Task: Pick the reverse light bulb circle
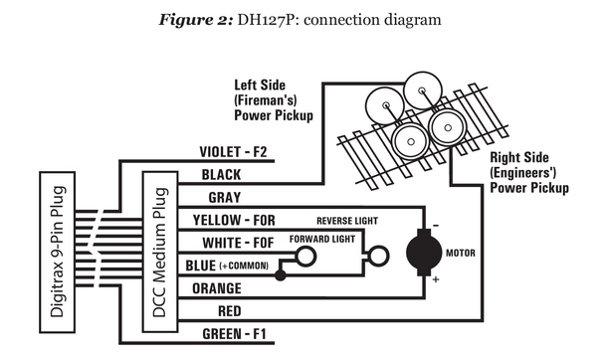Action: coord(377,258)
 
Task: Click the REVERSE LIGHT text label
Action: coord(350,219)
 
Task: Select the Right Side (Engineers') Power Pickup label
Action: coord(528,172)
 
